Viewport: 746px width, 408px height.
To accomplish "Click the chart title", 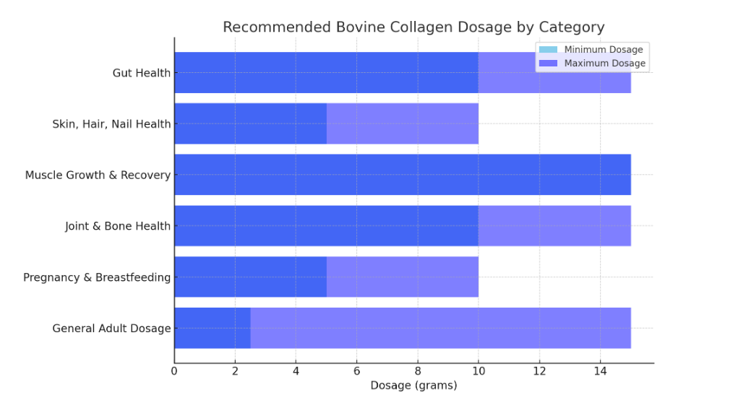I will click(x=413, y=27).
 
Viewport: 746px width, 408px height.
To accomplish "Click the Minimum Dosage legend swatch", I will click(x=548, y=50).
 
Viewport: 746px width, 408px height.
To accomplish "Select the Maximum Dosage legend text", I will click(x=604, y=64).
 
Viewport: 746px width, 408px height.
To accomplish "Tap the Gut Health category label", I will click(x=142, y=73).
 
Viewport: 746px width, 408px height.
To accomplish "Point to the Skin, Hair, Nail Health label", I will click(x=111, y=124).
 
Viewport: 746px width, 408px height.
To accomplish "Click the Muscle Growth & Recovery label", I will click(x=98, y=175).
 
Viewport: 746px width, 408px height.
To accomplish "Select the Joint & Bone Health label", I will click(x=118, y=226).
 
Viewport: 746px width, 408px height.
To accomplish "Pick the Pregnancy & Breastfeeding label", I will click(x=97, y=277).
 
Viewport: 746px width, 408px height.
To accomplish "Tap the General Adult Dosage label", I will click(x=111, y=329).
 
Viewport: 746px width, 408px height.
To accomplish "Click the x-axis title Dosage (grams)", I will click(x=413, y=386).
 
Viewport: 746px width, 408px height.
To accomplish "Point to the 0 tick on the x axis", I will click(x=174, y=371).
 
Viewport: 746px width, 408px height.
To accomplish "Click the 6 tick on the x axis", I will click(x=356, y=371).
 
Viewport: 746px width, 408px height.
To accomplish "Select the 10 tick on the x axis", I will click(x=478, y=371).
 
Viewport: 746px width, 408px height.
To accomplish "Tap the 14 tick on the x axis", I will click(x=599, y=371).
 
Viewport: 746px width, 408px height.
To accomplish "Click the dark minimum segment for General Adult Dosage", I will click(x=213, y=328).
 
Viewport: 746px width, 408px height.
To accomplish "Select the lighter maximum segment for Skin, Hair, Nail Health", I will click(x=402, y=123).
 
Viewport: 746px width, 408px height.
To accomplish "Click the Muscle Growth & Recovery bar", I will click(x=402, y=175).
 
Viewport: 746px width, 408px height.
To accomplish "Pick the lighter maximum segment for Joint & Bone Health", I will click(x=554, y=226).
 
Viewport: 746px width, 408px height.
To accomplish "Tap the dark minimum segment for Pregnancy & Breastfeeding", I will click(x=250, y=277).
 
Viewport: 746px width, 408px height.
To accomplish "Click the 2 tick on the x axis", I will click(x=235, y=371).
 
